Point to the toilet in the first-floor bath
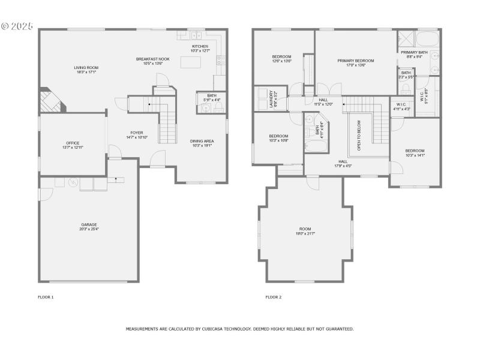pyautogui.click(x=218, y=107)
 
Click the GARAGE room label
pyautogui.click(x=89, y=224)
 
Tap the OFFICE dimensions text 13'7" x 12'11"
pyautogui.click(x=72, y=147)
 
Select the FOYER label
pyautogui.click(x=137, y=133)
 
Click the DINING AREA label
pyautogui.click(x=202, y=141)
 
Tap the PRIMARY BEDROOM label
pyautogui.click(x=355, y=61)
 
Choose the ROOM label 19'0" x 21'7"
pyautogui.click(x=306, y=229)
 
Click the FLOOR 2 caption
pyautogui.click(x=273, y=297)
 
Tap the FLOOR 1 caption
pyautogui.click(x=46, y=297)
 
